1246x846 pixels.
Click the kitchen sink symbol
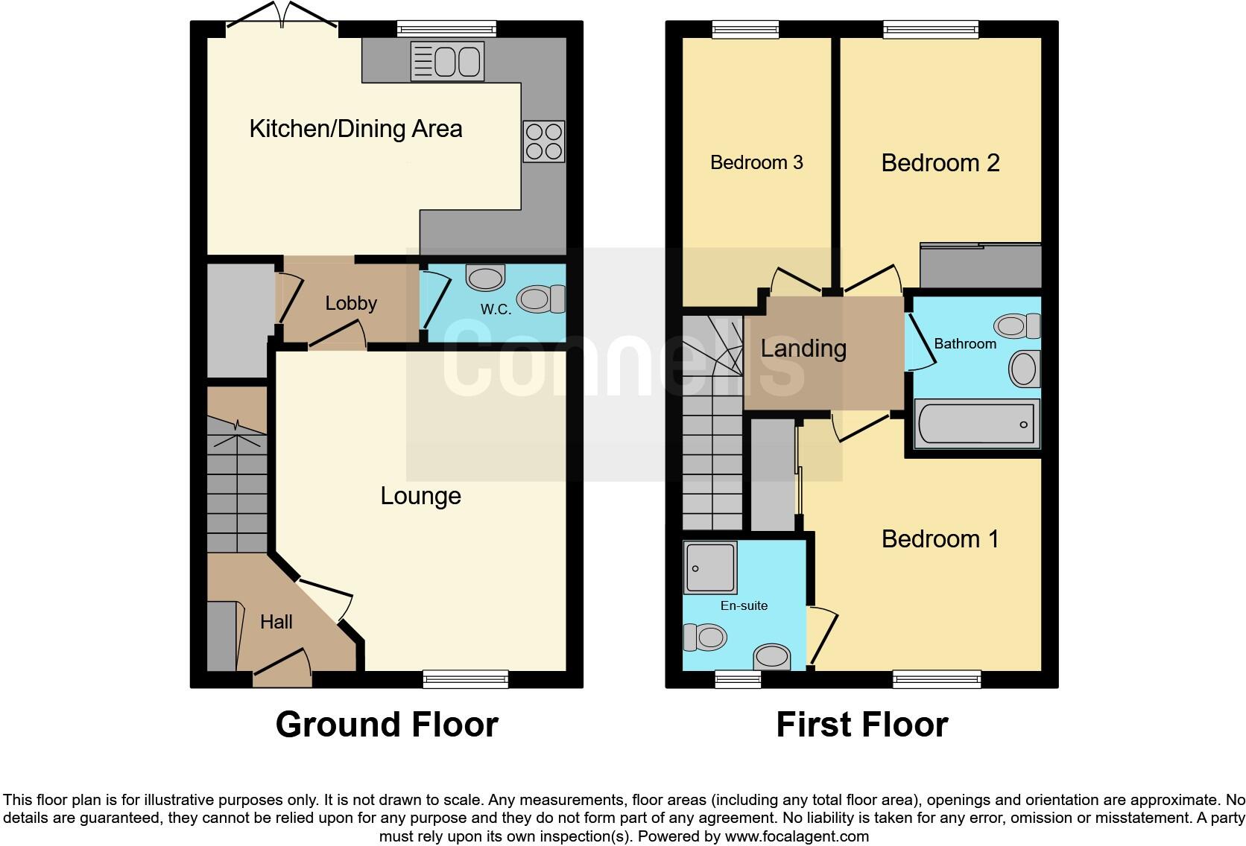[447, 61]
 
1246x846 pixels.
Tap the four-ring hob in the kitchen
[544, 141]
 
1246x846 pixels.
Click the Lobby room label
[351, 303]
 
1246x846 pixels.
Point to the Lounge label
[420, 496]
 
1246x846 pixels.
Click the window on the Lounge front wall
[465, 678]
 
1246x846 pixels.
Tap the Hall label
[276, 622]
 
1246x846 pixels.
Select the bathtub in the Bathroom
[975, 424]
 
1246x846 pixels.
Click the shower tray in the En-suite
[709, 567]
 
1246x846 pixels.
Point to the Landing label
[803, 349]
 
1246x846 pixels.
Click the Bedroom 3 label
[756, 162]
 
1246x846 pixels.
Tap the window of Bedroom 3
[745, 30]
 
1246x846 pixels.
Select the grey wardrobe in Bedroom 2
[980, 266]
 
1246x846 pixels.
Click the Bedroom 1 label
[940, 538]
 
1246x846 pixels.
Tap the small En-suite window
[738, 678]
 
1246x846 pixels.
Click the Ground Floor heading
[387, 724]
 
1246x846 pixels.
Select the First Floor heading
[861, 724]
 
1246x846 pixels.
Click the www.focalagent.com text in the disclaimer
[796, 836]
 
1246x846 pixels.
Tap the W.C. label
[496, 309]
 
